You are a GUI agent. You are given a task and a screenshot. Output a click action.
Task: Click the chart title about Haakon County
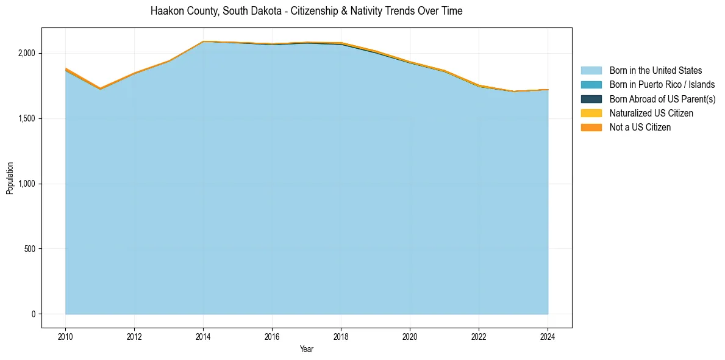click(306, 11)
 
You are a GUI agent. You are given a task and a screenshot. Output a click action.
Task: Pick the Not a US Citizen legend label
click(640, 128)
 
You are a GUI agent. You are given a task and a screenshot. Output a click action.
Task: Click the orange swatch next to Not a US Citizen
click(591, 128)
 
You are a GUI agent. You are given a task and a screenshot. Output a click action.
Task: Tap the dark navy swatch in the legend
click(591, 99)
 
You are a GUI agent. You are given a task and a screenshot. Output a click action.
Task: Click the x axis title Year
click(307, 349)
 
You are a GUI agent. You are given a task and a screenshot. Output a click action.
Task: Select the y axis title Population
click(10, 178)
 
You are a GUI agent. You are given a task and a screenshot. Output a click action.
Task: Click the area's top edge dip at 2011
click(100, 89)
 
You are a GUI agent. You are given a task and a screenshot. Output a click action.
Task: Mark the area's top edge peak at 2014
click(203, 41)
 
